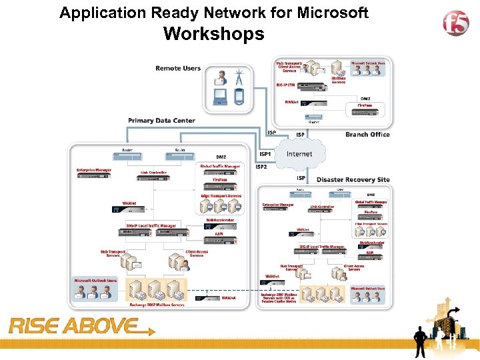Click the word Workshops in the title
[x=213, y=34]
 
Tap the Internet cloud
[x=299, y=154]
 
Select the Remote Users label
[x=178, y=69]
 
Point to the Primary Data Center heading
[x=162, y=121]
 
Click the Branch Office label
[x=367, y=134]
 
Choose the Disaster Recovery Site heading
[x=353, y=180]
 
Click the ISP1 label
[x=265, y=154]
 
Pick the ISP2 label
[x=261, y=167]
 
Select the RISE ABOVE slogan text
[x=73, y=327]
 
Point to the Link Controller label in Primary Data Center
[x=153, y=172]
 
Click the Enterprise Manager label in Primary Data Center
[x=93, y=170]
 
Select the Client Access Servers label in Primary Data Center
[x=197, y=253]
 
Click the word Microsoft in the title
[x=329, y=13]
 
